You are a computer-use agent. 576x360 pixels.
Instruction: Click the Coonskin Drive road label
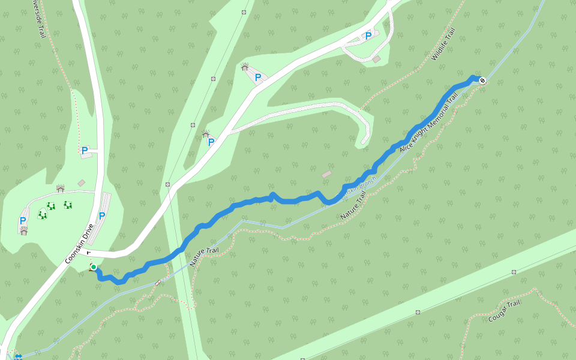[79, 245]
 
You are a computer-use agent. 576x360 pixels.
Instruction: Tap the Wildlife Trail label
[443, 44]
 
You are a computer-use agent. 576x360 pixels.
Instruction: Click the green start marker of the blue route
[94, 267]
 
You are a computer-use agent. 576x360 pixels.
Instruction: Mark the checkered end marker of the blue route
[482, 80]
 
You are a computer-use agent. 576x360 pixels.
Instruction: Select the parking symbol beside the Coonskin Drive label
[102, 215]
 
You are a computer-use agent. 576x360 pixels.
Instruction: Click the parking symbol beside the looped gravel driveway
[368, 35]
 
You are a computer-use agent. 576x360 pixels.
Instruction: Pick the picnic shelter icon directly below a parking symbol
[24, 230]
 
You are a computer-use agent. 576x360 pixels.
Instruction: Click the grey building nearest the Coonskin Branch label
[326, 174]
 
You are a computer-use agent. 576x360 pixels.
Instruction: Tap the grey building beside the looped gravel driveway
[376, 59]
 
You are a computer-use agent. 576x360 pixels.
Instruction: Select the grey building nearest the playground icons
[81, 183]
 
